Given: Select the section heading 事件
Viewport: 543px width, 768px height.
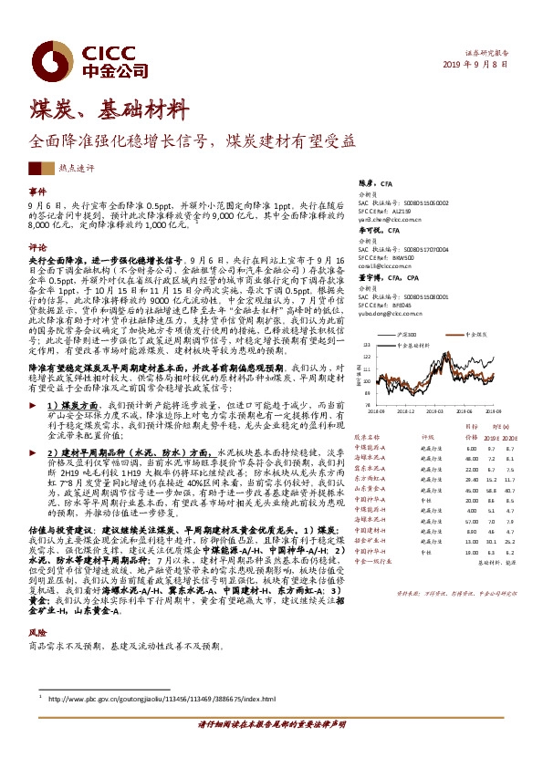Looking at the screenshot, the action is pos(37,191).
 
